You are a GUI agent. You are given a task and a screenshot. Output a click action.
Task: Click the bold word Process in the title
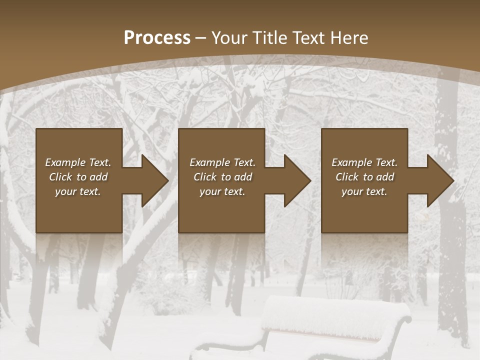[157, 38]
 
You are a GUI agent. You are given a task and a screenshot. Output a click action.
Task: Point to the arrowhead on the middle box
[296, 180]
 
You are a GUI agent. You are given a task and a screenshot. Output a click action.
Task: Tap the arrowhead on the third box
[439, 180]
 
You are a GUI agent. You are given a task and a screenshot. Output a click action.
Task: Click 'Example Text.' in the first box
[78, 162]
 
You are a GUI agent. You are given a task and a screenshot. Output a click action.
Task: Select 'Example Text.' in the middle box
[222, 162]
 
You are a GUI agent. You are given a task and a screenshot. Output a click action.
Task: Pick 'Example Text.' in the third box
[364, 162]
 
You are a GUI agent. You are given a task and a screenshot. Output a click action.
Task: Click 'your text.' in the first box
[78, 191]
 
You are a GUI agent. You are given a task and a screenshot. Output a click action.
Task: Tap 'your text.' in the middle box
[222, 191]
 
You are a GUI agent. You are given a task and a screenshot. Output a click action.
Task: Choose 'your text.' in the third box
[364, 191]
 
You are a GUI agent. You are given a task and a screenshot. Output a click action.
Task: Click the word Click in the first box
[60, 177]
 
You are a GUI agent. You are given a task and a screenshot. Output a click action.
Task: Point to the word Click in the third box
[347, 177]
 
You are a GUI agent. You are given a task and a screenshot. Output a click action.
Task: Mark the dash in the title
[201, 38]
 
